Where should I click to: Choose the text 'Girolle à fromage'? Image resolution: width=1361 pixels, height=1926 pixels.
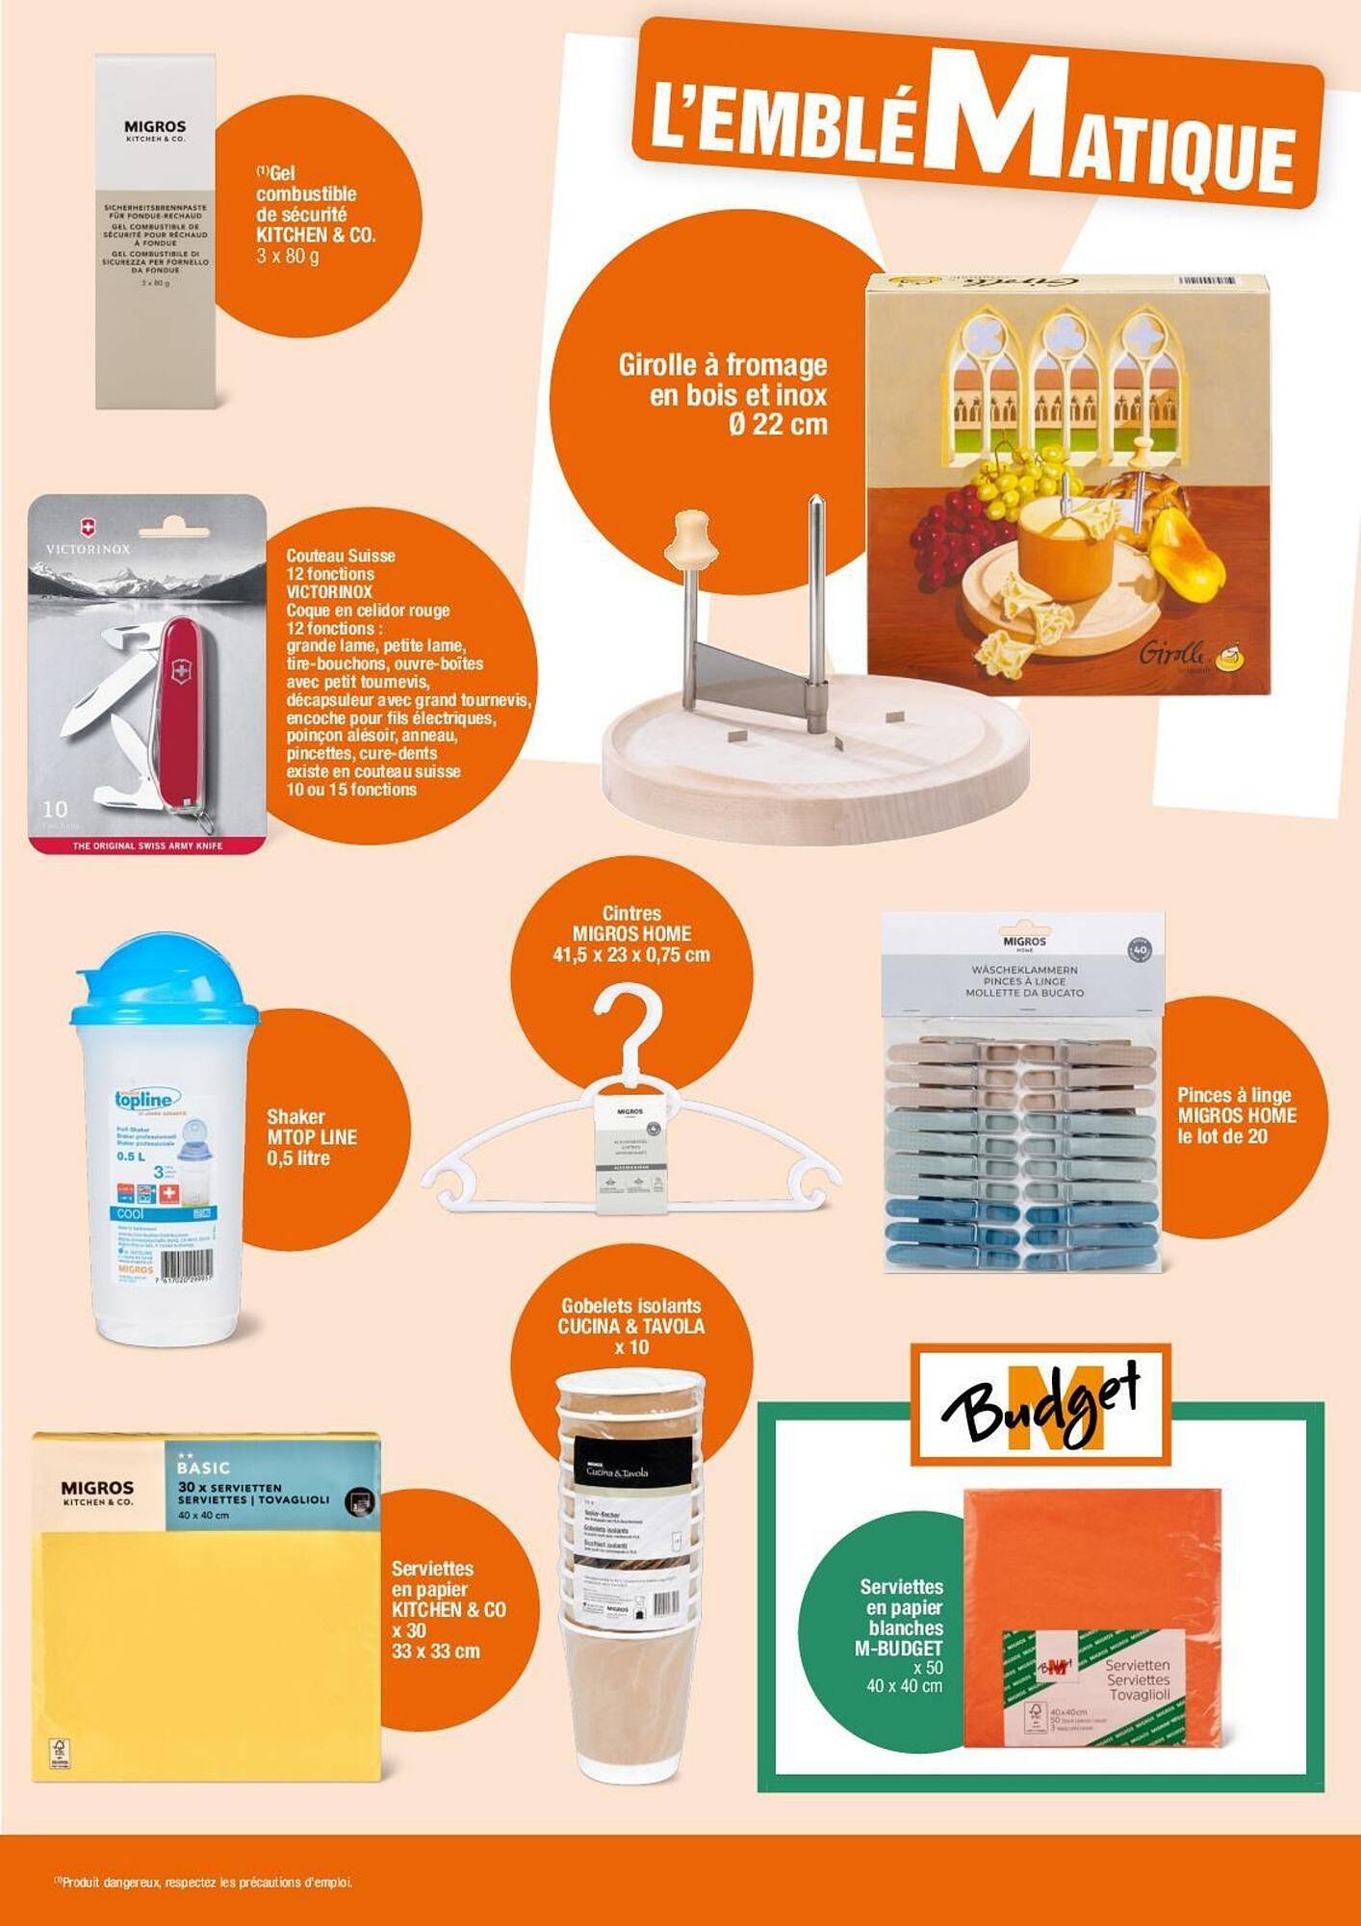coord(722,366)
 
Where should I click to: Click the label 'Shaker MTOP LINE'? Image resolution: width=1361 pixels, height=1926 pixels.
coord(311,1128)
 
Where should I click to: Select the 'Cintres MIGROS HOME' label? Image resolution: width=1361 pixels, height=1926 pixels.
coord(631,924)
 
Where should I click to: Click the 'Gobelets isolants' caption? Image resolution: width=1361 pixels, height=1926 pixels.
coord(631,1307)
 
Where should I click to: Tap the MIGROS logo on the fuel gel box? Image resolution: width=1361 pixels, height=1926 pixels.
coord(155,127)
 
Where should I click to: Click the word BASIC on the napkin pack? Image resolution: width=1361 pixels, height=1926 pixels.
coord(203,1468)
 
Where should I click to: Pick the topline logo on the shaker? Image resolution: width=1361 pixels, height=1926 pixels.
coord(144,1100)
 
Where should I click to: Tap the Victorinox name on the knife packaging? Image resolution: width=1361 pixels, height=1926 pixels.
coord(88,549)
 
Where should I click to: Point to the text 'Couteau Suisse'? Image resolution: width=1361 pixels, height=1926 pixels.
coord(341,556)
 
